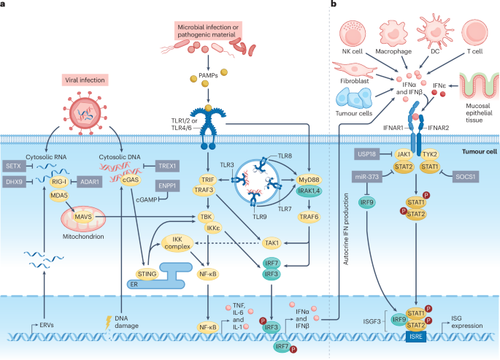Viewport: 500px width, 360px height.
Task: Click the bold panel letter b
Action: click(x=334, y=5)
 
